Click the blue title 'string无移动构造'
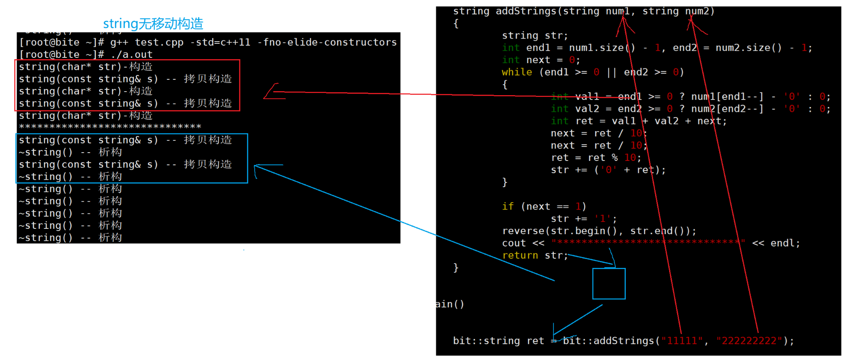(x=153, y=23)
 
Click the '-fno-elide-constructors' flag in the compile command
(x=330, y=42)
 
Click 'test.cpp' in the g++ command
(x=159, y=42)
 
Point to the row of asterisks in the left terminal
(x=110, y=127)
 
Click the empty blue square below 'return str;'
(x=609, y=284)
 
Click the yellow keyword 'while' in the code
(x=517, y=72)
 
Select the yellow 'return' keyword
(x=520, y=255)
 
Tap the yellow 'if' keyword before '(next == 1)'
(x=508, y=206)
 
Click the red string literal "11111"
(x=682, y=341)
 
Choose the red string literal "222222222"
(x=749, y=341)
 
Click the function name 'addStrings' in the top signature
(x=526, y=11)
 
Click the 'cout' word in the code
(x=514, y=243)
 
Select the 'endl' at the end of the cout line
(x=782, y=243)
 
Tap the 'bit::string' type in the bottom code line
(x=486, y=341)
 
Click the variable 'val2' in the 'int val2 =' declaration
(x=587, y=109)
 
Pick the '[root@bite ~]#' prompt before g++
(x=62, y=42)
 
